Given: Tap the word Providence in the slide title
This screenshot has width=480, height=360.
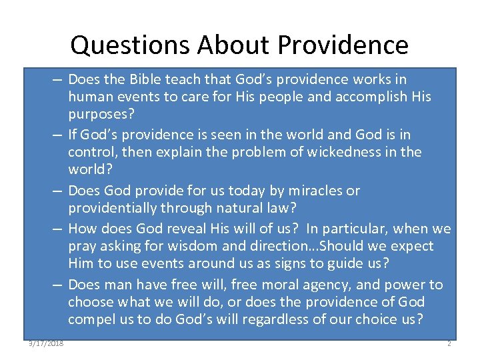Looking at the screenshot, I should pyautogui.click(x=343, y=45).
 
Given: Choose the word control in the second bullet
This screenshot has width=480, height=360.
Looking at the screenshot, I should pyautogui.click(x=91, y=152).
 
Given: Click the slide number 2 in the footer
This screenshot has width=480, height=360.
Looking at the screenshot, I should pyautogui.click(x=449, y=343).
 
